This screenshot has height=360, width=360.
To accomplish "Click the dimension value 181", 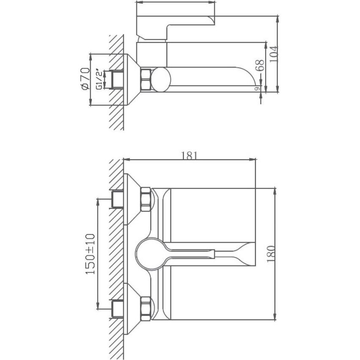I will [x=189, y=155].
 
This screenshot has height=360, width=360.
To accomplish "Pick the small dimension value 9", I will [x=257, y=89].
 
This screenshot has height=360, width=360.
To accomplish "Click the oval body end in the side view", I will [x=161, y=80].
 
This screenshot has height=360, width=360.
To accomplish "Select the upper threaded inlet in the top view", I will [x=116, y=199].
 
